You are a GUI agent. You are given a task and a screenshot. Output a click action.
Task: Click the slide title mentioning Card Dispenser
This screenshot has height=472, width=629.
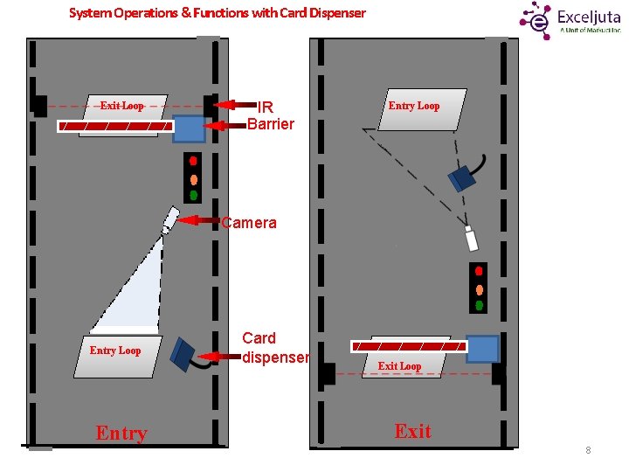(217, 13)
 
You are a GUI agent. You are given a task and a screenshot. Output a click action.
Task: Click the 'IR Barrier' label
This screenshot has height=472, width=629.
(270, 115)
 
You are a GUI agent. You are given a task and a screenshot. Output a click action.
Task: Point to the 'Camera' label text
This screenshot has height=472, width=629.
(249, 223)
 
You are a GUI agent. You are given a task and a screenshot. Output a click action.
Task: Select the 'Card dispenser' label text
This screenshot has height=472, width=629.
(274, 348)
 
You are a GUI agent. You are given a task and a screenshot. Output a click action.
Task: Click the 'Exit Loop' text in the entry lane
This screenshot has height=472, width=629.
(121, 106)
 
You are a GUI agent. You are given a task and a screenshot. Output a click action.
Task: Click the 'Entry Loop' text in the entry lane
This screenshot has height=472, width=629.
(115, 351)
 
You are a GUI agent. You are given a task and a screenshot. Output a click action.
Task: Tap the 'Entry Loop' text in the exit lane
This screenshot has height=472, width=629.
(414, 106)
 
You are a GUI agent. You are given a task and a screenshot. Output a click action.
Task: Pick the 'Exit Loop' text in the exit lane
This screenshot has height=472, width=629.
(399, 366)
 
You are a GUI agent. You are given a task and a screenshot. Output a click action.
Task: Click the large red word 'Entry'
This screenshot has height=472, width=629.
(121, 433)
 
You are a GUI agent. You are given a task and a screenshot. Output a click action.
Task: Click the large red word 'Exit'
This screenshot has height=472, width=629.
(412, 431)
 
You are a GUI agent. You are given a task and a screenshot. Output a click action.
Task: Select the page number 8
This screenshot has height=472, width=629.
(588, 450)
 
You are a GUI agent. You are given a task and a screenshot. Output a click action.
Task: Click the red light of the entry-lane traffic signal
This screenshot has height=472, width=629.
(193, 161)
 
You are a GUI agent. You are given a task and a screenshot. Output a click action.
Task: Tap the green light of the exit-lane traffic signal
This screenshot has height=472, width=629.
(479, 305)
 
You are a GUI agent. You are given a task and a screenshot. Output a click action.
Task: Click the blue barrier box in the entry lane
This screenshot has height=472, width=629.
(188, 128)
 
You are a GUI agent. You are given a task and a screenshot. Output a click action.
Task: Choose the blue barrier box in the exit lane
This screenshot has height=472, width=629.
(482, 349)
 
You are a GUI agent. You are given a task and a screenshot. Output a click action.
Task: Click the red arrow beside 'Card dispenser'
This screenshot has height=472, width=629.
(219, 356)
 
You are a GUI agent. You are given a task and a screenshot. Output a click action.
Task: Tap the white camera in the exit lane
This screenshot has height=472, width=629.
(472, 238)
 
